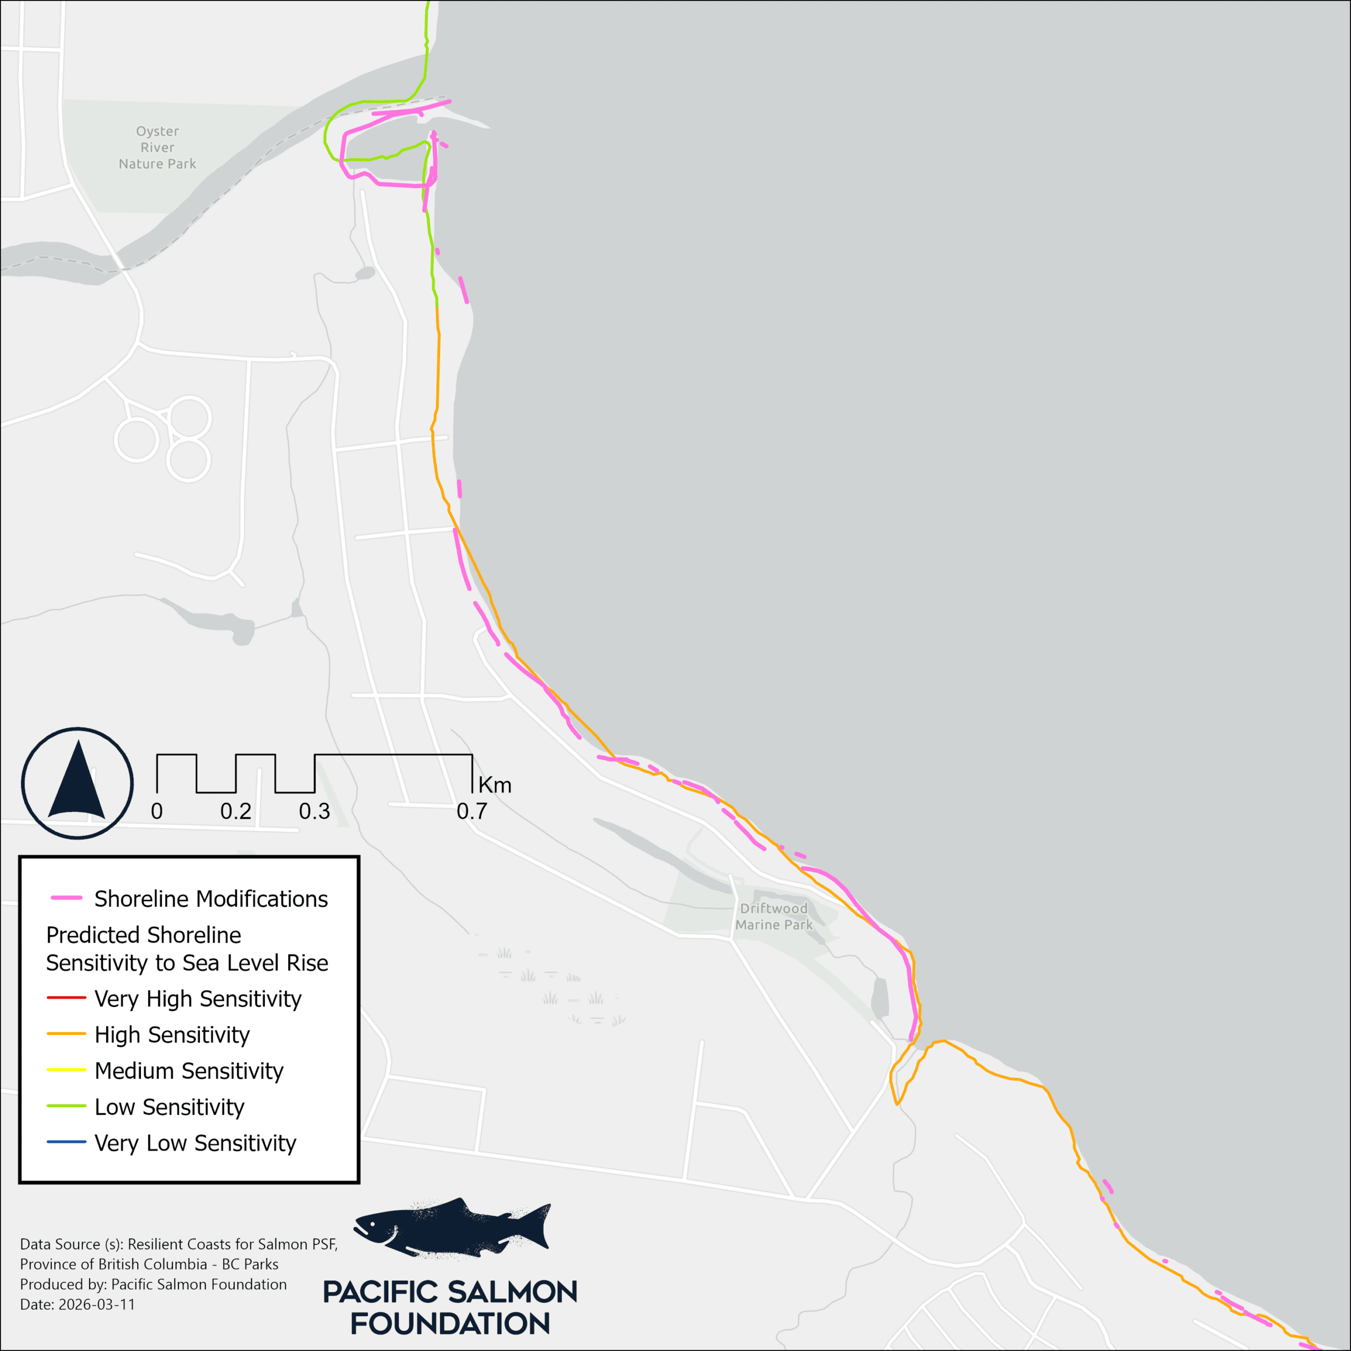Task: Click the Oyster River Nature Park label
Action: [x=157, y=148]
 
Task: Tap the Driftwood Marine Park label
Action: [x=774, y=916]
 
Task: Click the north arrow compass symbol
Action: [x=77, y=783]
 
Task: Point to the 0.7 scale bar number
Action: [x=471, y=811]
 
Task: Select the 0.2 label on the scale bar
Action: [x=236, y=811]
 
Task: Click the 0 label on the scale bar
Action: [x=157, y=811]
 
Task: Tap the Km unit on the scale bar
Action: [x=495, y=786]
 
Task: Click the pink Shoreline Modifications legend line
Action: [x=66, y=898]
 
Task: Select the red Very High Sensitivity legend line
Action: [x=66, y=998]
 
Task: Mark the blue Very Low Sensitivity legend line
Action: [x=66, y=1143]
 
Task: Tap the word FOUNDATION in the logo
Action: [x=450, y=1324]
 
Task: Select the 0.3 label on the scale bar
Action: [x=314, y=811]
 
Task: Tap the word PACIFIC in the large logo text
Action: [x=381, y=1292]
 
